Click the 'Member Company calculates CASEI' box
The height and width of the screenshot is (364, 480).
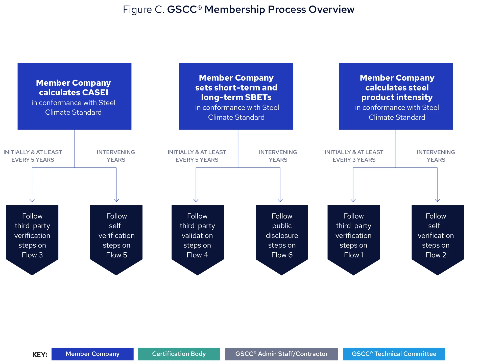[74, 96]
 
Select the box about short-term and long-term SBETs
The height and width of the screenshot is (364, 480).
[236, 96]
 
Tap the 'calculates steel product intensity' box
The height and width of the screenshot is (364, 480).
[395, 96]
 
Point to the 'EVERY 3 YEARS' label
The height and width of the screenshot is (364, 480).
[354, 160]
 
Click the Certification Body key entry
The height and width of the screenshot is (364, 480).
[179, 354]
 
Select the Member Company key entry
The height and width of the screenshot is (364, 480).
[92, 354]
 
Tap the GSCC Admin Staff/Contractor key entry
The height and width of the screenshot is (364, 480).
[281, 354]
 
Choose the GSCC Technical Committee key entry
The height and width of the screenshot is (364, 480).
[394, 354]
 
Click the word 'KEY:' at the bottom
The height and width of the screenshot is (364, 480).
[40, 354]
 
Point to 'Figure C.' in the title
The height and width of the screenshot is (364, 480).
[143, 10]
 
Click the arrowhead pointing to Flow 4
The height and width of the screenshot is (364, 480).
[196, 200]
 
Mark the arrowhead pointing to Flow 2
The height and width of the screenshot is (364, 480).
[437, 200]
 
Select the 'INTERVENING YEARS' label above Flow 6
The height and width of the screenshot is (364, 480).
[278, 156]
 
